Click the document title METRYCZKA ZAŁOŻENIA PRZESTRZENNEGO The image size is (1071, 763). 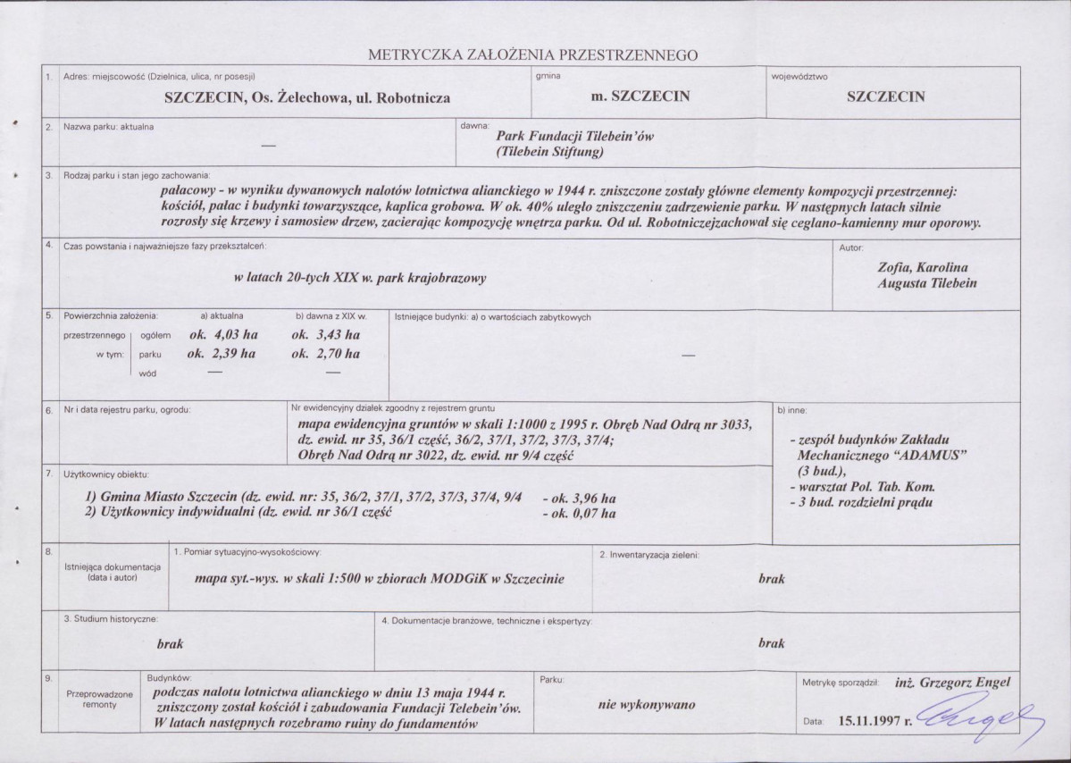click(x=532, y=55)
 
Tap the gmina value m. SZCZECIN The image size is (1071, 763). click(x=640, y=96)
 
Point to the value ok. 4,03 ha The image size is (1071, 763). click(x=222, y=335)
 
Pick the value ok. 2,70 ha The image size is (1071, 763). click(x=326, y=354)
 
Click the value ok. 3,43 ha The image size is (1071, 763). click(x=326, y=335)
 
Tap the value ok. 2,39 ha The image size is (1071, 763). click(x=222, y=354)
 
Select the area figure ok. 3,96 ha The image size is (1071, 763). click(x=581, y=499)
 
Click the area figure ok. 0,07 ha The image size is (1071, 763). click(x=581, y=514)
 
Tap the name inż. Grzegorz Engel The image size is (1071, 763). click(x=952, y=683)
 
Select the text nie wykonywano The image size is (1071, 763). click(x=648, y=704)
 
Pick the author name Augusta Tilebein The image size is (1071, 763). click(x=928, y=283)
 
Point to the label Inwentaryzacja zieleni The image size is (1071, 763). click(x=653, y=555)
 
